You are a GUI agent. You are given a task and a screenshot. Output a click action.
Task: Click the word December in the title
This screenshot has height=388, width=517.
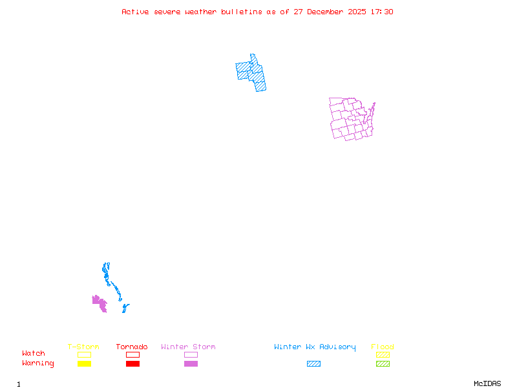coord(326,12)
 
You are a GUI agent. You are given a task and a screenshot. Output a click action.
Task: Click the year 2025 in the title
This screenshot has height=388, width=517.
coord(357,12)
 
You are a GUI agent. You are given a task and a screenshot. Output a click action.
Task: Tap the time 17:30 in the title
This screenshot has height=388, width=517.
coord(383,12)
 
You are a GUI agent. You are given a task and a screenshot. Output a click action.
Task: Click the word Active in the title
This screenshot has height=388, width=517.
coord(135,12)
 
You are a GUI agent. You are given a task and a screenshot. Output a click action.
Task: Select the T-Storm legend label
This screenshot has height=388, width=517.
coord(83,347)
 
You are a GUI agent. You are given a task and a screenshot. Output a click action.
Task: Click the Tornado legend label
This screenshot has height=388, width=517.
coord(132,347)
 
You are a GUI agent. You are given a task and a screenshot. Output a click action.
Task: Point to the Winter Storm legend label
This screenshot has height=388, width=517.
coord(188,347)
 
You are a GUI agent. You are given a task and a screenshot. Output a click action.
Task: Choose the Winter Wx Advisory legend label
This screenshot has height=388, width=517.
coord(315,347)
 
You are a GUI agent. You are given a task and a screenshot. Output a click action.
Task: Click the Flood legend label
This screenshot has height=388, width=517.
coord(383,347)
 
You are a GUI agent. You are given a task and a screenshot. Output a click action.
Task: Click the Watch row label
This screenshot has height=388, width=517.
coord(34,354)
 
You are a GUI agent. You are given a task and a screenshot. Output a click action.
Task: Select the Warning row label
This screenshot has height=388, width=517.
coord(38,363)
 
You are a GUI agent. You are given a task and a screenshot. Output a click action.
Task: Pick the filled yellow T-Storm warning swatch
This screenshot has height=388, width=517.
coord(84,363)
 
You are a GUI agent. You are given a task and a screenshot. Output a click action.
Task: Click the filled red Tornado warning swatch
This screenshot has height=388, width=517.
coord(132,363)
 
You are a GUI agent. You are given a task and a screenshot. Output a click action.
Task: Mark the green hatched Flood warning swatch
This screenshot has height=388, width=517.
coord(383,363)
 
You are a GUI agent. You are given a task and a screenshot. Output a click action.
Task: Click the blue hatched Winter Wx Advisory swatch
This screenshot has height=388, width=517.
coord(313,363)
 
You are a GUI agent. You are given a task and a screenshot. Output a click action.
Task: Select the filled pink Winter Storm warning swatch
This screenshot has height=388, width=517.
coord(191,363)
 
